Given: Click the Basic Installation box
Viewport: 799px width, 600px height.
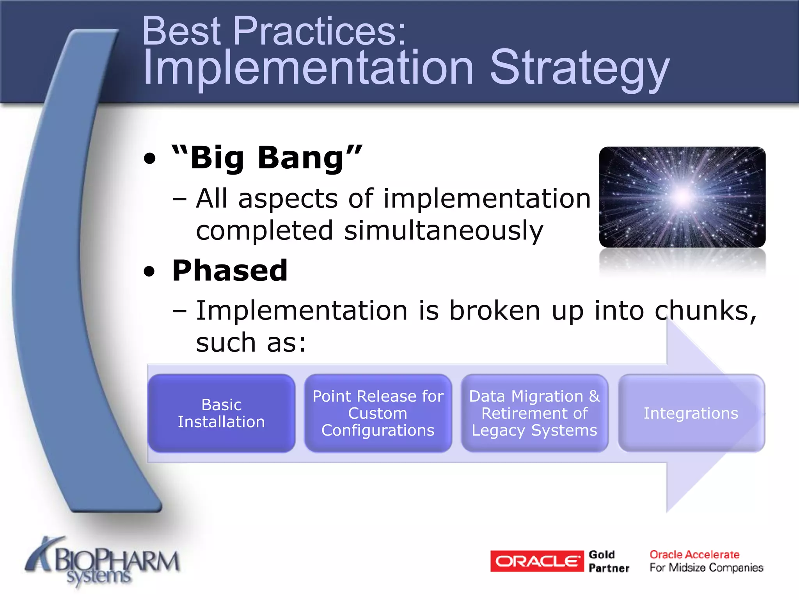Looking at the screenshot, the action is [221, 413].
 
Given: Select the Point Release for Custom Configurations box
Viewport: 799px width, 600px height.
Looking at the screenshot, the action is [378, 413].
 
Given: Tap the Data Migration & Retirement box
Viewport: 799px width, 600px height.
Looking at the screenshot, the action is [534, 413].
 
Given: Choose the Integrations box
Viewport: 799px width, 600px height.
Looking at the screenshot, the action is [691, 413].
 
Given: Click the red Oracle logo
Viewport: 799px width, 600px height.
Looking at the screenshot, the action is [537, 561].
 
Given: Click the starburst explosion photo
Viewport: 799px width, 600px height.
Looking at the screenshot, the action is [682, 197].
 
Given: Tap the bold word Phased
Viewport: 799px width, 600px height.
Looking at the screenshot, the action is [230, 270].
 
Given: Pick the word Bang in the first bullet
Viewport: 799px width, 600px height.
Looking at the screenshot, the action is [301, 158].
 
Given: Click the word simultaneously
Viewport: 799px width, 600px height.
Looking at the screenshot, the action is [444, 230].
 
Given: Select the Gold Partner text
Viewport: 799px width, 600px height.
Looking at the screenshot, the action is [609, 561].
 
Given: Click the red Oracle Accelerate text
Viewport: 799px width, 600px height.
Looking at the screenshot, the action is [694, 554].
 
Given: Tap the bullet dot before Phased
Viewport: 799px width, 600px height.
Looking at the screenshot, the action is [149, 271].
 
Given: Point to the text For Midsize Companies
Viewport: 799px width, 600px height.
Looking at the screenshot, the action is [706, 568].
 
